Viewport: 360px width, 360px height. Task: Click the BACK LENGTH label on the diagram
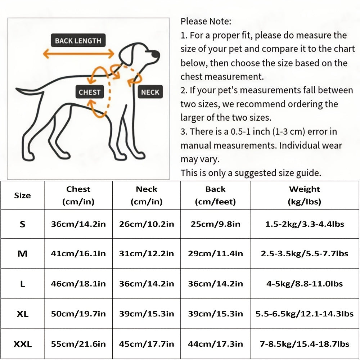click(x=78, y=41)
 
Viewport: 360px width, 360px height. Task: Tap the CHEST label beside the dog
click(x=90, y=92)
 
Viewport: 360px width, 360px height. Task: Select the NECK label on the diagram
click(x=150, y=92)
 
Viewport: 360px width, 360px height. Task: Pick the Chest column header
click(x=78, y=195)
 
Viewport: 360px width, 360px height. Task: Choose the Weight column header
click(x=304, y=195)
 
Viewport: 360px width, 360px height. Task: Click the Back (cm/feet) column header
click(x=215, y=195)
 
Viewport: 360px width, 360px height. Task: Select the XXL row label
click(x=22, y=344)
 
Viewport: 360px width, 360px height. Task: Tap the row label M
click(x=22, y=253)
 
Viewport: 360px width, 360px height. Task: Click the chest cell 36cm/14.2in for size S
click(x=78, y=224)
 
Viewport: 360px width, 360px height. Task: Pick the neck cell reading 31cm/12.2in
click(x=147, y=253)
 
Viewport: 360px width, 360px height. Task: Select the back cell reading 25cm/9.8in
click(x=215, y=224)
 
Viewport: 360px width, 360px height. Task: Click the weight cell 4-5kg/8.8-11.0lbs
click(x=304, y=284)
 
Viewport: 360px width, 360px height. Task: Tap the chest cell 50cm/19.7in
click(x=78, y=314)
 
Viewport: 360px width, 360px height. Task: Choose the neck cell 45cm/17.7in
click(x=147, y=344)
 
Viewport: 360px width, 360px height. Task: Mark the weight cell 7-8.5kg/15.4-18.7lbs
click(x=304, y=344)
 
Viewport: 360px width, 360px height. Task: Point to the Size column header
click(x=22, y=195)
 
